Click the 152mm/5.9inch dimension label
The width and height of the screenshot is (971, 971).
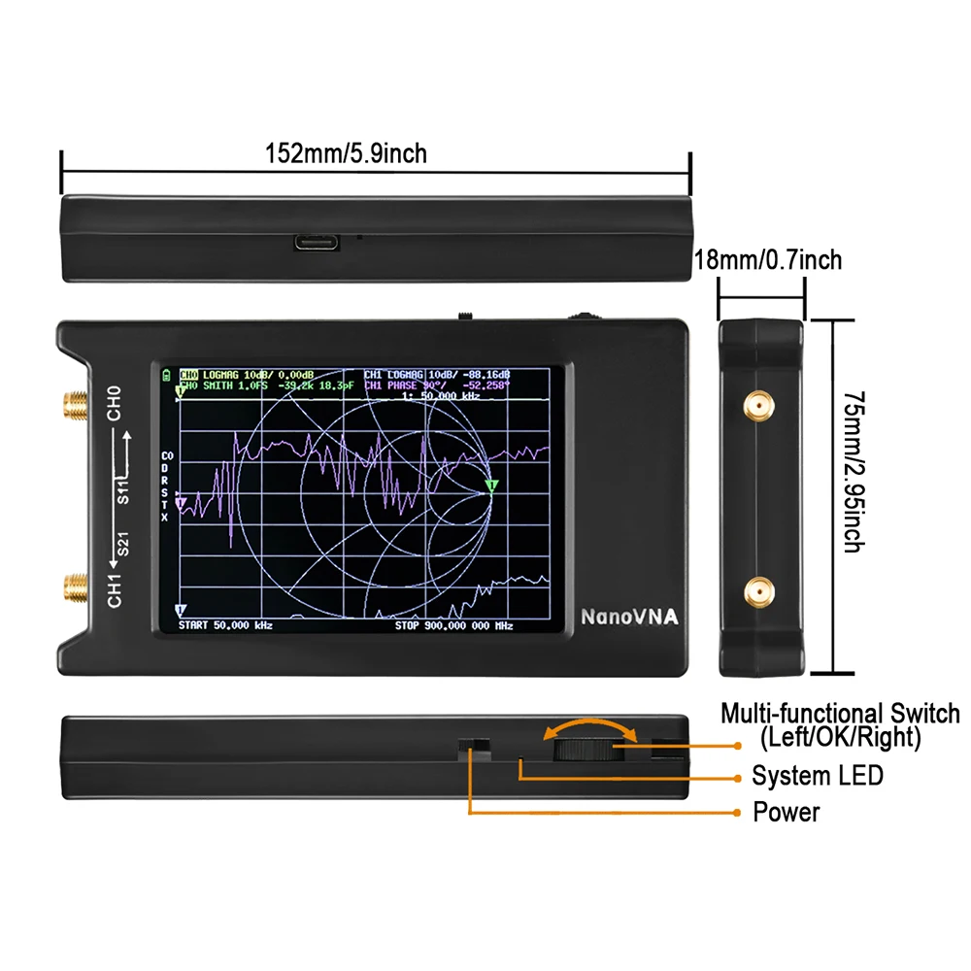(346, 153)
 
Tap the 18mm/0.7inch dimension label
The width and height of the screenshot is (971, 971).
(768, 259)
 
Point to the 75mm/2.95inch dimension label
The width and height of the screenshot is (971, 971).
(852, 472)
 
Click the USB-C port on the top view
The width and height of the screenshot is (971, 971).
(318, 241)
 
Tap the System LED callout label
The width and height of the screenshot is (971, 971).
(818, 776)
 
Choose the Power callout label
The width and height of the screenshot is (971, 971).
(787, 812)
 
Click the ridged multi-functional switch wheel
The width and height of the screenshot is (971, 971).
(583, 748)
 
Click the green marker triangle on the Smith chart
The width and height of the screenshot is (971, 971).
(490, 485)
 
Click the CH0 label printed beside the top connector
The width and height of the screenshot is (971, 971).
(115, 404)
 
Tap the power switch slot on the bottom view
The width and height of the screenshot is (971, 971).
(475, 749)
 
